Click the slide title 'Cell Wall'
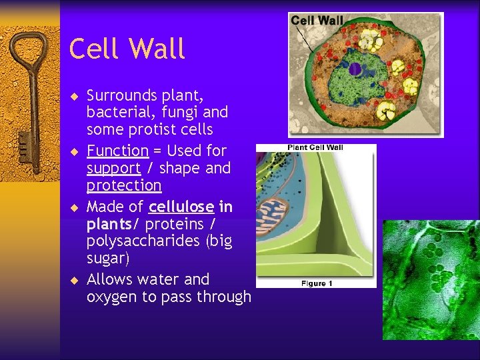pos(127,49)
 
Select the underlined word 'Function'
pos(117,151)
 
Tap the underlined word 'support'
pos(113,168)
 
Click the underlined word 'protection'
pos(124,185)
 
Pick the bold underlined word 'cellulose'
pos(181,207)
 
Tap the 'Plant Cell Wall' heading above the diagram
pos(315,147)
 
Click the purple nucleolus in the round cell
pos(355,69)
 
